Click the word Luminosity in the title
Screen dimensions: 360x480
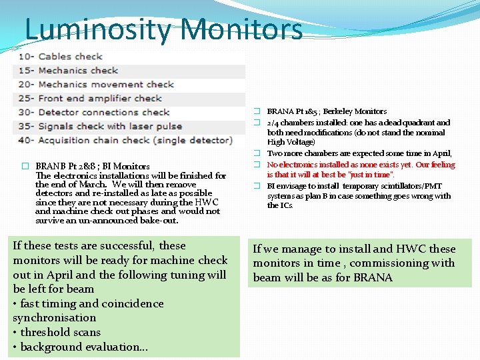coord(99,29)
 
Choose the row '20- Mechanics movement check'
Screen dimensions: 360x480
coord(105,85)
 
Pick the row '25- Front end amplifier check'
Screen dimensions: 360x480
coord(99,99)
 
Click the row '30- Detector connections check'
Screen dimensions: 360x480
coord(103,113)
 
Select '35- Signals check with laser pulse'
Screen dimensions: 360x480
coord(110,127)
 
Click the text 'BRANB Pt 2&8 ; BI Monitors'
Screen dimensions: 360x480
coord(93,167)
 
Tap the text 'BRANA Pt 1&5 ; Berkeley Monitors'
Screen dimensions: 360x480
coord(327,112)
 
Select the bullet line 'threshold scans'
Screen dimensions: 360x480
coord(57,332)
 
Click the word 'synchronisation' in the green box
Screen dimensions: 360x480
coord(55,318)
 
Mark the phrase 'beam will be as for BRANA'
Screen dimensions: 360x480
coord(323,277)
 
